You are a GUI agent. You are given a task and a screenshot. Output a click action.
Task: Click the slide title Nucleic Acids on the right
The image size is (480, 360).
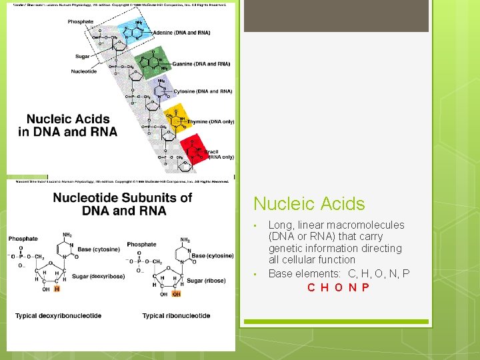point(309,204)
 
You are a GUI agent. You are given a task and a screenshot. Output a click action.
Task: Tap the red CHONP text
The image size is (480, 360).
point(338,287)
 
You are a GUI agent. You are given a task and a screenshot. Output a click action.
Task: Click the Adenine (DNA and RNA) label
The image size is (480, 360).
point(181,33)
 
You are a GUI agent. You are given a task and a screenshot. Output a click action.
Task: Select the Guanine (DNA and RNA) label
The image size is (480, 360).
point(201,64)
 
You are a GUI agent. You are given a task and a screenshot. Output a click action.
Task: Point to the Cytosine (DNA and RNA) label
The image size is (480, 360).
point(203,91)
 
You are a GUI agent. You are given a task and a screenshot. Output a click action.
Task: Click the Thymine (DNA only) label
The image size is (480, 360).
point(211,122)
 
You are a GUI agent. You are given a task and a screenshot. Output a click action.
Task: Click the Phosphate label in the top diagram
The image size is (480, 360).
point(81,21)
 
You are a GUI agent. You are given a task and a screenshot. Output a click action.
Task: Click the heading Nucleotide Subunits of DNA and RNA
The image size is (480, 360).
point(122,204)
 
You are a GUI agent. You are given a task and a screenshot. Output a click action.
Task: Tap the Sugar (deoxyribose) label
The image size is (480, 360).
point(99,276)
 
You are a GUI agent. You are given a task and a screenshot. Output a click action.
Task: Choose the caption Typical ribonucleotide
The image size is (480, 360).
point(176,315)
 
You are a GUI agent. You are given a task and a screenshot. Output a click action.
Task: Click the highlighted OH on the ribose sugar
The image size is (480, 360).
point(176,293)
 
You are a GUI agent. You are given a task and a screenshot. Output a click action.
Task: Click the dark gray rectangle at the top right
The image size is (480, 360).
point(336,16)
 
